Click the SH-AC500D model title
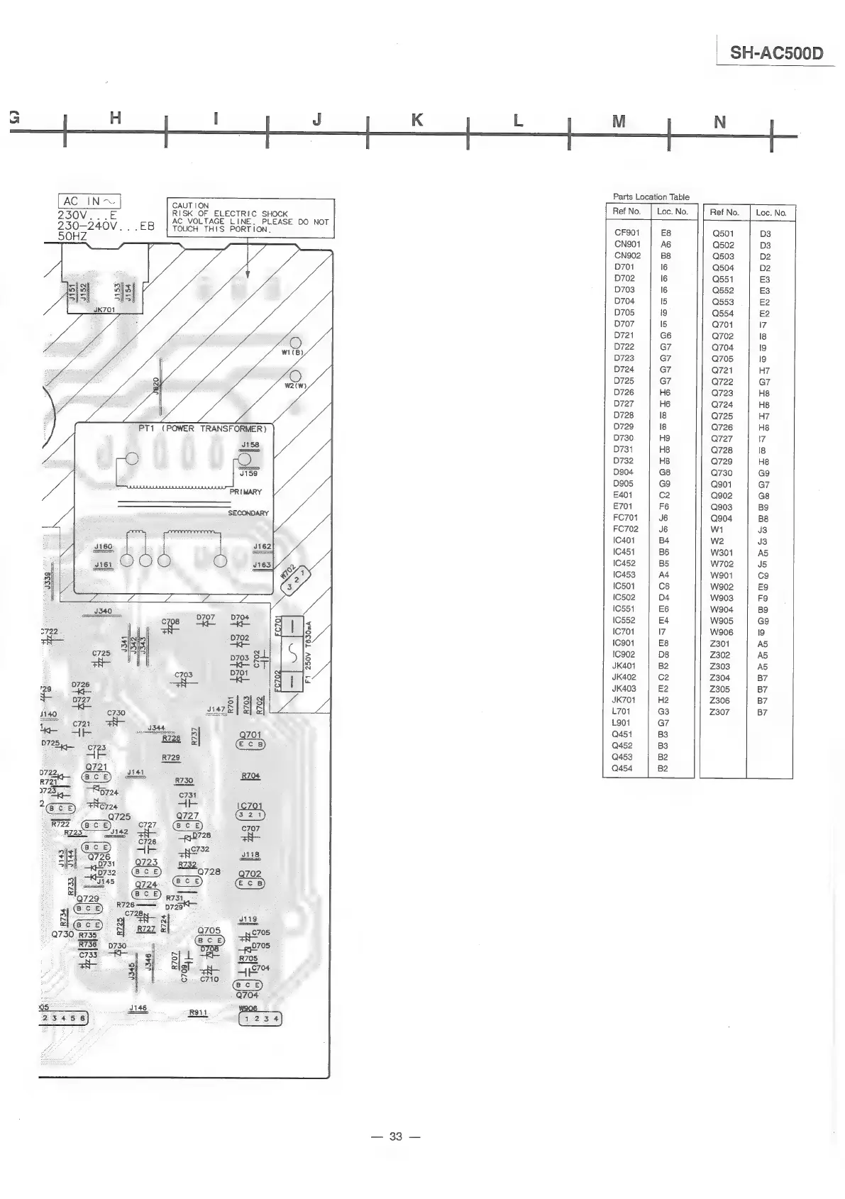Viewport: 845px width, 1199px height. point(777,53)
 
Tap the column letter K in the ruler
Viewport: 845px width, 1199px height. point(417,121)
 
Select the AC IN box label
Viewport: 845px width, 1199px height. point(90,201)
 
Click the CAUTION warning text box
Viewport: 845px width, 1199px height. point(250,217)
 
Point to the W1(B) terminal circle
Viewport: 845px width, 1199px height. point(297,344)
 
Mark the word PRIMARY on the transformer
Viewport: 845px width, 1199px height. point(245,492)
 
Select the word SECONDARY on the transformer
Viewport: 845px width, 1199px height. point(248,513)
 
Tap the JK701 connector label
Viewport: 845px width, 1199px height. point(104,309)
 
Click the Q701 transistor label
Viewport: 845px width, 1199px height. point(250,735)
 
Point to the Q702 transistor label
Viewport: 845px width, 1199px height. point(250,874)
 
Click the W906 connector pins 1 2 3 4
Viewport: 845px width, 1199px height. point(259,1020)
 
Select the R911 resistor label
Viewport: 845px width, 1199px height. point(198,1012)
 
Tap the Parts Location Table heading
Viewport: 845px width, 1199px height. point(651,197)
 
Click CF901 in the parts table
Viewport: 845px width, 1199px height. point(626,233)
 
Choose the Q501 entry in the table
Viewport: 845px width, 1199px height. point(723,233)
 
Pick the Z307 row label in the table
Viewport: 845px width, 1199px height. point(719,712)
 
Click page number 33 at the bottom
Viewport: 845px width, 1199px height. point(396,1136)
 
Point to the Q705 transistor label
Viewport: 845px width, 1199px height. point(209,930)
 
